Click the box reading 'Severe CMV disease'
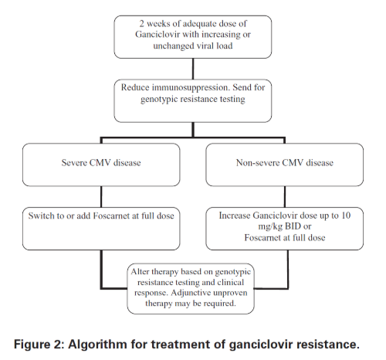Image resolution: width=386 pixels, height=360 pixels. pyautogui.click(x=101, y=165)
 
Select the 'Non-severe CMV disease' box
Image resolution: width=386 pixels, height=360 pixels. pyautogui.click(x=285, y=165)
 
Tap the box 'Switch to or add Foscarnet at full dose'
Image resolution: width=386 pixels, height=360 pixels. pyautogui.click(x=101, y=229)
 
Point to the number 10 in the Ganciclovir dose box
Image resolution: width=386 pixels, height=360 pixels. pyautogui.click(x=346, y=216)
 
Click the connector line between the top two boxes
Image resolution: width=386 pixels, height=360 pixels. pyautogui.click(x=193, y=69)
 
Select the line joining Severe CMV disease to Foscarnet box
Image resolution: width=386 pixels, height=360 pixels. pyautogui.click(x=101, y=197)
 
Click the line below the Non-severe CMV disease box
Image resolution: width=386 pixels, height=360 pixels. pyautogui.click(x=285, y=197)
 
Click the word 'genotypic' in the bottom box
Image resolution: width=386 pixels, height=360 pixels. pyautogui.click(x=232, y=272)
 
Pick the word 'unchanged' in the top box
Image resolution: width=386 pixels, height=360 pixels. pyautogui.click(x=170, y=46)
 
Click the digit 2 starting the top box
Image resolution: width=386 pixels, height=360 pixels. pyautogui.click(x=142, y=24)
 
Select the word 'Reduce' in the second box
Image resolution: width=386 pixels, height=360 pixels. pyautogui.click(x=135, y=87)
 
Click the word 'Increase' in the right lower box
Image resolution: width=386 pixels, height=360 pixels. pyautogui.click(x=235, y=216)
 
